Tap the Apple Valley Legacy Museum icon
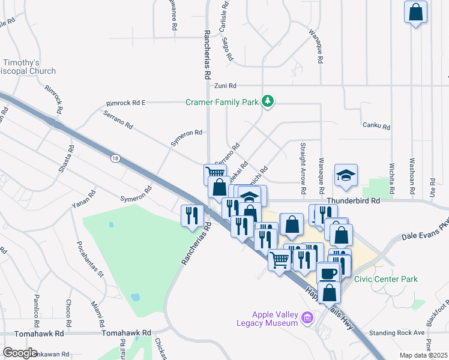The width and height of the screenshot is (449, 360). point(307,317)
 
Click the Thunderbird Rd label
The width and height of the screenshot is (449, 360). point(354,202)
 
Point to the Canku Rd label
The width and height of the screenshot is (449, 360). point(376,127)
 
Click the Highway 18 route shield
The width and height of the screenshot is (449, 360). point(115,158)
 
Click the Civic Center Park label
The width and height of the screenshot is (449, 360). point(385,279)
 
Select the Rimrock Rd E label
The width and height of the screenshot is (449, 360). point(125,103)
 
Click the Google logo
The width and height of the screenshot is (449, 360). point(20,353)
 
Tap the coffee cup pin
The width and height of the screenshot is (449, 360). point(328,273)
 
